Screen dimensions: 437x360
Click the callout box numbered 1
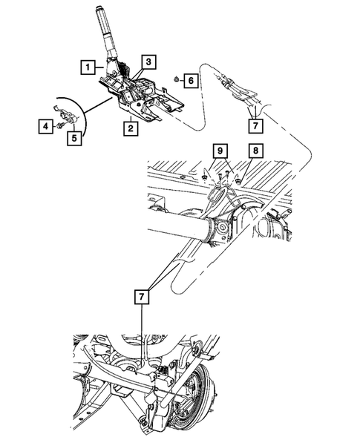88,68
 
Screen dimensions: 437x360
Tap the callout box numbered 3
148,61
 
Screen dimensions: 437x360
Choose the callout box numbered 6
189,79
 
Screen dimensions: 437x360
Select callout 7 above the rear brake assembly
140,296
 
